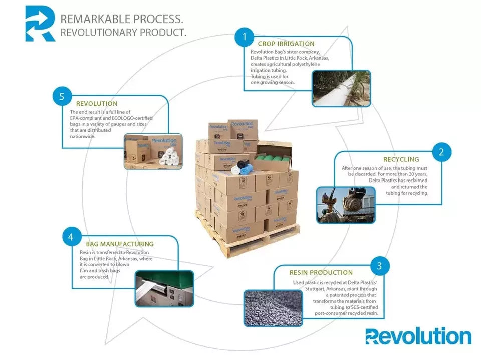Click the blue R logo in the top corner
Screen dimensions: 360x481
pyautogui.click(x=40, y=23)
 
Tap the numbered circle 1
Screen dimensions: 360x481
pyautogui.click(x=245, y=37)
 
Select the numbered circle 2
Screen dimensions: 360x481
pyautogui.click(x=441, y=152)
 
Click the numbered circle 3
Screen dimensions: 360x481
pyautogui.click(x=380, y=266)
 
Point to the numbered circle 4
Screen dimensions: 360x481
pyautogui.click(x=72, y=237)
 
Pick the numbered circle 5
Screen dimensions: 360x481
pyautogui.click(x=62, y=97)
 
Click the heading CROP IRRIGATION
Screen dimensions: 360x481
pyautogui.click(x=286, y=44)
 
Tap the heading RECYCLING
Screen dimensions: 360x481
pyautogui.click(x=401, y=159)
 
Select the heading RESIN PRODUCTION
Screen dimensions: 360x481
pyautogui.click(x=321, y=272)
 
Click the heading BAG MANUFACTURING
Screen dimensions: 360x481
pyautogui.click(x=120, y=244)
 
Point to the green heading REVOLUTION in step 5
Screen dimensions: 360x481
pyautogui.click(x=97, y=104)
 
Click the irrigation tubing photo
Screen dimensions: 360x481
pyautogui.click(x=341, y=88)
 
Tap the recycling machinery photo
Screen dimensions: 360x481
pyautogui.click(x=346, y=205)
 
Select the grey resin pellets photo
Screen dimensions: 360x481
pyautogui.click(x=273, y=308)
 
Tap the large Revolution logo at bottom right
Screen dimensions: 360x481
pyautogui.click(x=418, y=336)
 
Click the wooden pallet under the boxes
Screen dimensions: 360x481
pyautogui.click(x=248, y=241)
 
